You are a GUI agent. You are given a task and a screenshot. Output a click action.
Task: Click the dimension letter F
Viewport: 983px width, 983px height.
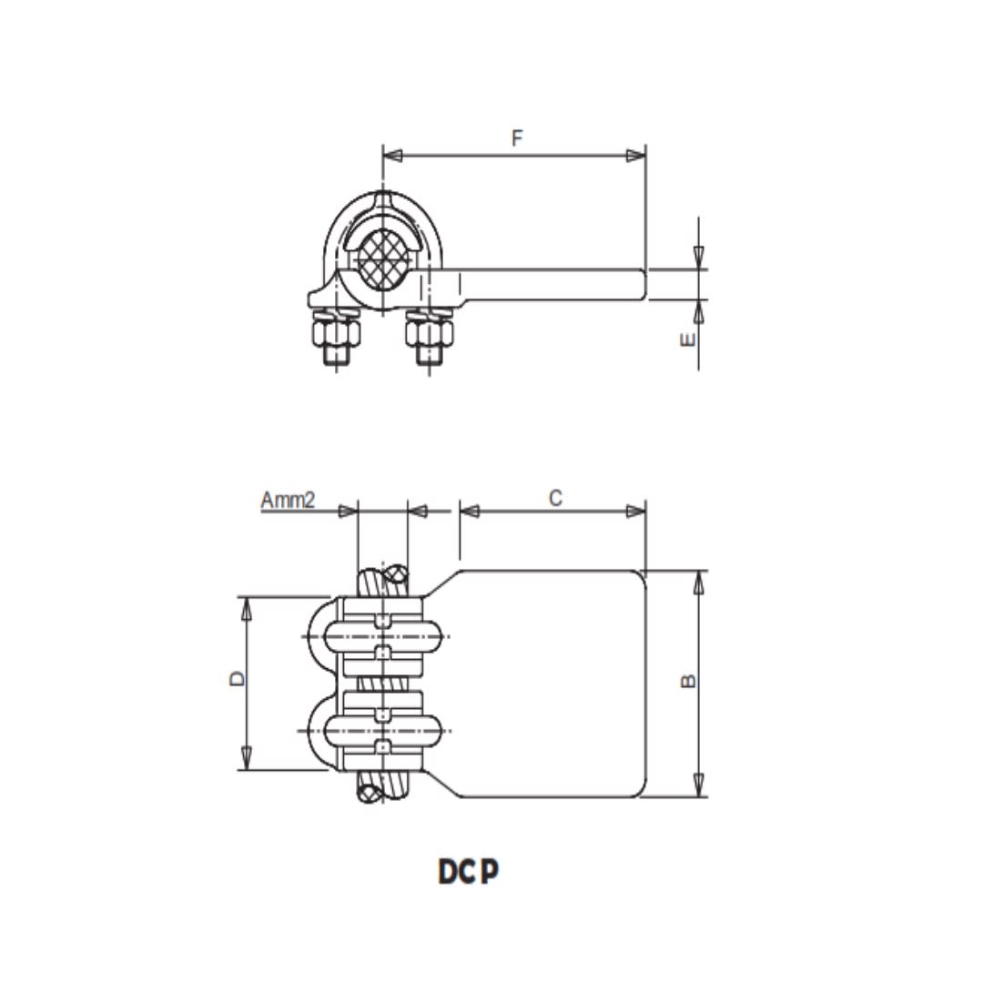517,138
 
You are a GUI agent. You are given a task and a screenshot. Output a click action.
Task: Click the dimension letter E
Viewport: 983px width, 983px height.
689,339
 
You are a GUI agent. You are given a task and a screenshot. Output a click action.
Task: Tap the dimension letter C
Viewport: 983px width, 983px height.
555,497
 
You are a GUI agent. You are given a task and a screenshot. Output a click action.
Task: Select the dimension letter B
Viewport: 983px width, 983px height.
689,681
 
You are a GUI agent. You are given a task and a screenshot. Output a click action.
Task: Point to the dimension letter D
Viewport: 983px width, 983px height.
235,678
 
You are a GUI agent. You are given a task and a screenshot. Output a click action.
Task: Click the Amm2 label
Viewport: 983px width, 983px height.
288,500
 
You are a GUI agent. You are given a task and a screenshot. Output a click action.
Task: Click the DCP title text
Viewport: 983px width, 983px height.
469,871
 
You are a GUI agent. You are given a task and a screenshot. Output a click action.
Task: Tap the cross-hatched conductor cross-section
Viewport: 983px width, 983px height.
381,257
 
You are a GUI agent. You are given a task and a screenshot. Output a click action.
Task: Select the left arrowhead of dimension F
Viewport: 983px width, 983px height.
392,157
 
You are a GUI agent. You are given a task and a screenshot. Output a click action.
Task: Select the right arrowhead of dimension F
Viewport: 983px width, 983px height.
635,157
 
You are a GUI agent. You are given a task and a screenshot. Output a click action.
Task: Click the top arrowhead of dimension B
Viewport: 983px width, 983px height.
699,581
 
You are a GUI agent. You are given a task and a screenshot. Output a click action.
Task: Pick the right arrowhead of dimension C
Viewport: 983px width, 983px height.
635,511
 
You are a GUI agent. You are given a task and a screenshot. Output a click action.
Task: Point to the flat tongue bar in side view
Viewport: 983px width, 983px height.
555,284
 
